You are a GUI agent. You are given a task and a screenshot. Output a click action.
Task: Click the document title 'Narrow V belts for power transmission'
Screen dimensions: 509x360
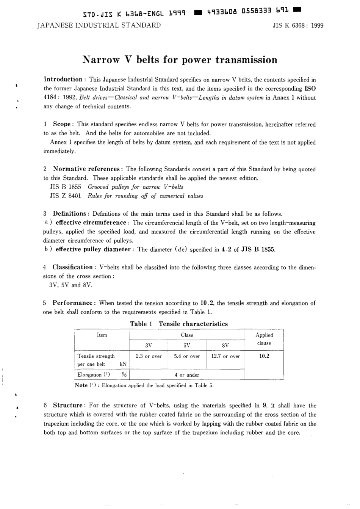(x=180, y=60)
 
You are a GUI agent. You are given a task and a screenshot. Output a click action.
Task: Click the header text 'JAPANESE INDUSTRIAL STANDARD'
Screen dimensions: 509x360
(x=99, y=25)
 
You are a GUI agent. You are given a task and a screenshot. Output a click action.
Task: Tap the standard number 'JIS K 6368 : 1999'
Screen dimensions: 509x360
(x=298, y=26)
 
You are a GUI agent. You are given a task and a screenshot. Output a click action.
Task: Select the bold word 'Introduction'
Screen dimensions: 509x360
(x=63, y=79)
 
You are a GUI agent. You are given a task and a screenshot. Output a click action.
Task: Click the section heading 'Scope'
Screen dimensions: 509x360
(x=61, y=124)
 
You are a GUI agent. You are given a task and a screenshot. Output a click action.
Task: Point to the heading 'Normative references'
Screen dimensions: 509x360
(x=86, y=169)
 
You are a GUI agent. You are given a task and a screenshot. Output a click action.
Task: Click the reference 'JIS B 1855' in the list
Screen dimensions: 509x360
(x=65, y=187)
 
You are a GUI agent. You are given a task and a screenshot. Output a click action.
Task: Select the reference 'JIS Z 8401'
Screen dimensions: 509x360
(x=65, y=196)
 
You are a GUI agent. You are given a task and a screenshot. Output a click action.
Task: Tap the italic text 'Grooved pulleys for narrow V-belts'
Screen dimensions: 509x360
(x=135, y=187)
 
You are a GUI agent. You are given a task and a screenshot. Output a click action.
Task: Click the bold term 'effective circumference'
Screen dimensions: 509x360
(x=91, y=222)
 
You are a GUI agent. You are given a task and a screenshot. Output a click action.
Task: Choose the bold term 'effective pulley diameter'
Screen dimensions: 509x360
(x=93, y=249)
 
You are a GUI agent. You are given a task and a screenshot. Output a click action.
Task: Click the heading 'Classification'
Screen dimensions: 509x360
(x=72, y=267)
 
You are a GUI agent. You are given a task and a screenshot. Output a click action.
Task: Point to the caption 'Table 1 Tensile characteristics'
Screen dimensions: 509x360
(x=179, y=324)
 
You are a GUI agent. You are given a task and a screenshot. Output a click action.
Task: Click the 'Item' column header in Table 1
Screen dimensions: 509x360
(x=102, y=335)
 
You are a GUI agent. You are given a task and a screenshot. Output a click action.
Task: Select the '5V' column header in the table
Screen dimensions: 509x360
(x=187, y=345)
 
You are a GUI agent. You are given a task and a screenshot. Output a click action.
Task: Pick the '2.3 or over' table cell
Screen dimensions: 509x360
(x=149, y=356)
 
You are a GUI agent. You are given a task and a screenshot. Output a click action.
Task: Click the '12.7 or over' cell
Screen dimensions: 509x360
(x=225, y=356)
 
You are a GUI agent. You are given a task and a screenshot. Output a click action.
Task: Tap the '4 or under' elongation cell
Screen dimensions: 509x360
(x=187, y=375)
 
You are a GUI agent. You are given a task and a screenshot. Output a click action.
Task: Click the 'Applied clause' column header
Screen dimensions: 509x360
(x=264, y=339)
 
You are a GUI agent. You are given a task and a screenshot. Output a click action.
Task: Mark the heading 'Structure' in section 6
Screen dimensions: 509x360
(x=67, y=405)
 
